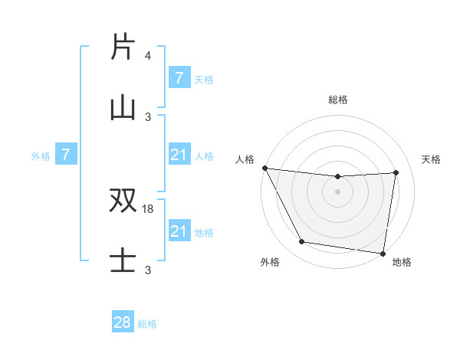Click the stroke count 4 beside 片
point(148,56)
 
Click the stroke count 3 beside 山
point(148,116)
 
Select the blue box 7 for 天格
point(179,78)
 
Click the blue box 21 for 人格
point(179,155)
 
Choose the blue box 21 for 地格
point(179,231)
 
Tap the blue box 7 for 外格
point(66,155)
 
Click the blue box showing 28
point(123,322)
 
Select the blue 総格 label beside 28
point(147,324)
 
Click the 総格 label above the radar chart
point(338,100)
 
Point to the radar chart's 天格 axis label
point(431,159)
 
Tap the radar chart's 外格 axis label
point(270,262)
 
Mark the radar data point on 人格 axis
point(265,168)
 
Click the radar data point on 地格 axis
point(383,253)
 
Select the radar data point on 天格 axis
point(396,172)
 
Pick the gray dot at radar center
point(338,191)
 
